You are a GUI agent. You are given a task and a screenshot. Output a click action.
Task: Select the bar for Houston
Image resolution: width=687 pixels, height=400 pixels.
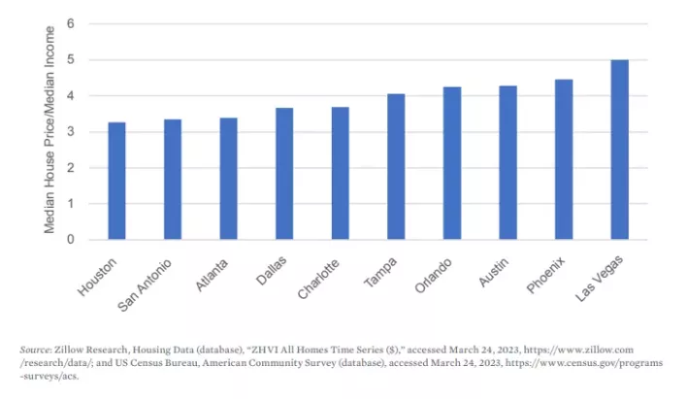pyautogui.click(x=115, y=181)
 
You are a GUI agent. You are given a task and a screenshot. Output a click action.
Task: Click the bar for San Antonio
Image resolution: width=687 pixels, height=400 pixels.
pyautogui.click(x=172, y=180)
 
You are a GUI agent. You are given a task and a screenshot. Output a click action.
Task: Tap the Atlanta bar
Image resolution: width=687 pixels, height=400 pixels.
pyautogui.click(x=228, y=179)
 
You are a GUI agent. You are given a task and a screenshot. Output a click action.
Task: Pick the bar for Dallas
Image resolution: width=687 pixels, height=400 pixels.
pyautogui.click(x=284, y=174)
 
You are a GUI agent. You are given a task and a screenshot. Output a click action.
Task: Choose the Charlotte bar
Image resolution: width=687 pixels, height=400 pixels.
pyautogui.click(x=340, y=173)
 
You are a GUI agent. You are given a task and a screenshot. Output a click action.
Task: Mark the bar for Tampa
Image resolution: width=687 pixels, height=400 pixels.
pyautogui.click(x=396, y=167)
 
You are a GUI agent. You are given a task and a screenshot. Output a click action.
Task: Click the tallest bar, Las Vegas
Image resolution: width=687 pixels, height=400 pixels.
pyautogui.click(x=620, y=150)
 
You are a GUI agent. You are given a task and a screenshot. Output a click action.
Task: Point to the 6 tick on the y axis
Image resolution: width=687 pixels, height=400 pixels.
pyautogui.click(x=70, y=23)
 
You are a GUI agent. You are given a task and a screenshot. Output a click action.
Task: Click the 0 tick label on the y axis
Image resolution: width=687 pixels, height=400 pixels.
pyautogui.click(x=70, y=240)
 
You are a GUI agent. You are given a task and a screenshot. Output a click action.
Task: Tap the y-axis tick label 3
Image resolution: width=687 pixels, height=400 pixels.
pyautogui.click(x=70, y=132)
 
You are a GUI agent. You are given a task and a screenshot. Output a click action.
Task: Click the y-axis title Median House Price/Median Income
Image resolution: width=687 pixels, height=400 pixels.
pyautogui.click(x=49, y=131)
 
